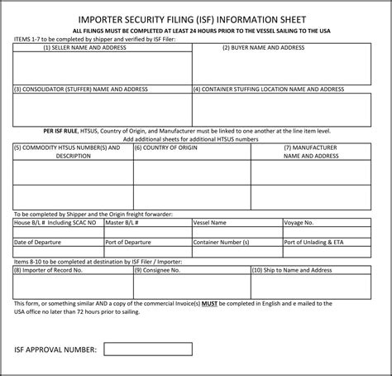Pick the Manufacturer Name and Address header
[311, 151]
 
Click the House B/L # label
[55, 222]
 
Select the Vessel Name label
[209, 222]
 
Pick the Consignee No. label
[162, 269]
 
